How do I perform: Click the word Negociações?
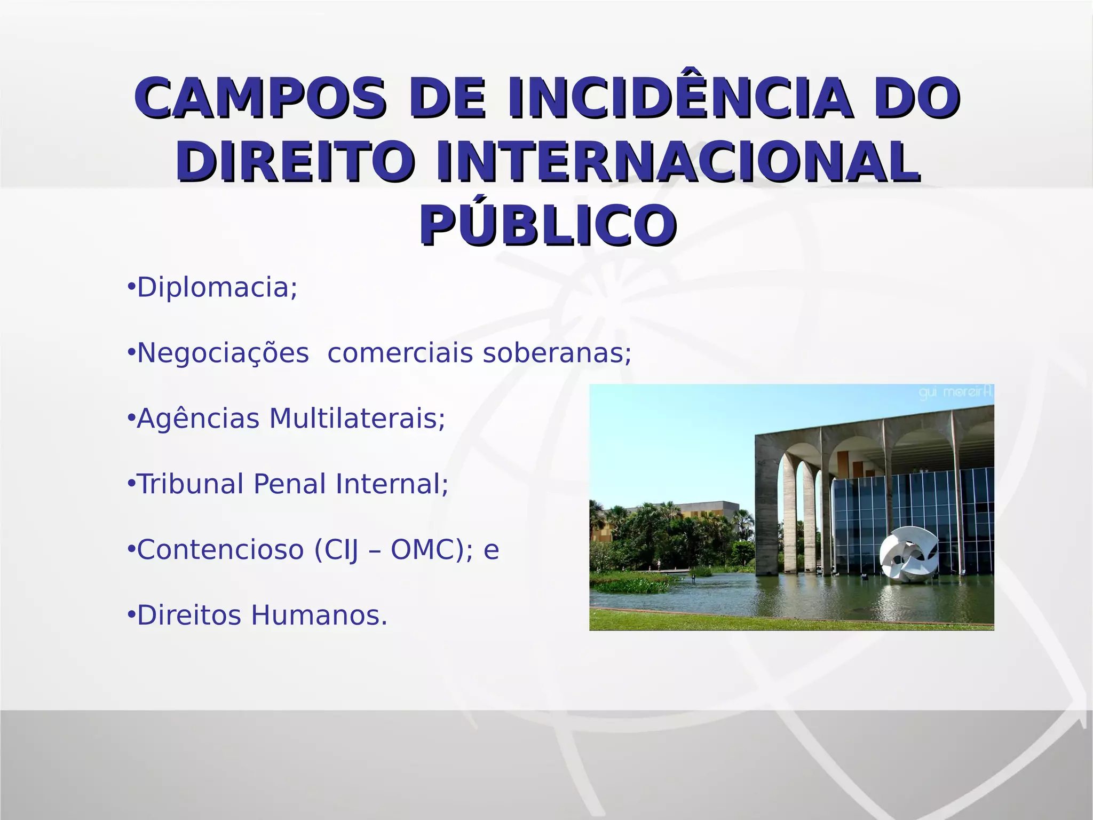pyautogui.click(x=223, y=353)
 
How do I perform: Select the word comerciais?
pyautogui.click(x=400, y=353)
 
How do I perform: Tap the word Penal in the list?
pyautogui.click(x=289, y=485)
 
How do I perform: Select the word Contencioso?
pyautogui.click(x=220, y=550)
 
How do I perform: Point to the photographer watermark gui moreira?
pyautogui.click(x=955, y=393)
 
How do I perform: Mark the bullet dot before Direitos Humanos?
pyautogui.click(x=131, y=615)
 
